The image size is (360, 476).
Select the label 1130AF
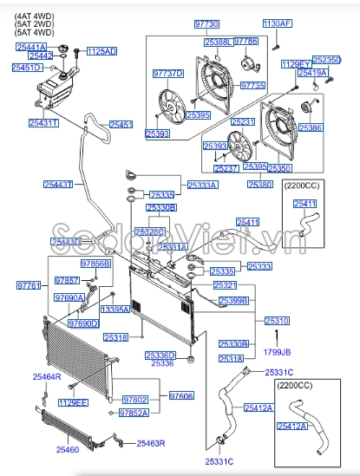pyautogui.click(x=278, y=23)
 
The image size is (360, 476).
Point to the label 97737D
pyautogui.click(x=168, y=74)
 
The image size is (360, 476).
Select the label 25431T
pyautogui.click(x=43, y=123)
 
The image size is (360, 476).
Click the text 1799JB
pyautogui.click(x=278, y=353)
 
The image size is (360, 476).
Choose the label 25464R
pyautogui.click(x=47, y=376)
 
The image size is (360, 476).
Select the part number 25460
pyautogui.click(x=68, y=450)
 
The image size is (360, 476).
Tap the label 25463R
pyautogui.click(x=150, y=443)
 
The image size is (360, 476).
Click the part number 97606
pyautogui.click(x=181, y=395)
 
